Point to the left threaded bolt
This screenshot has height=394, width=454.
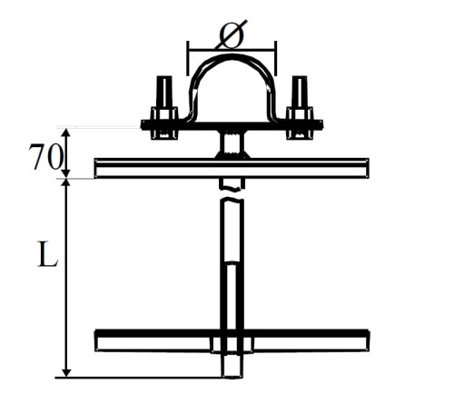coord(163,94)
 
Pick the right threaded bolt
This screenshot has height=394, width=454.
coord(299,94)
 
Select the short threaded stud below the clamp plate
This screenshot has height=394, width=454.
coord(232,143)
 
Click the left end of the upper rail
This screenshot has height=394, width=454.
coord(98,168)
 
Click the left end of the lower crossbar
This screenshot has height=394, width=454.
coord(99,341)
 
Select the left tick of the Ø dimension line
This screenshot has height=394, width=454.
coord(188,51)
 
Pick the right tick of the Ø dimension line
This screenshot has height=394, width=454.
coord(275,51)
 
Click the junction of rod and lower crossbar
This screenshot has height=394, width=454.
coord(231,341)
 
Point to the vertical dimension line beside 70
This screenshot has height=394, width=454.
coord(65,152)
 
